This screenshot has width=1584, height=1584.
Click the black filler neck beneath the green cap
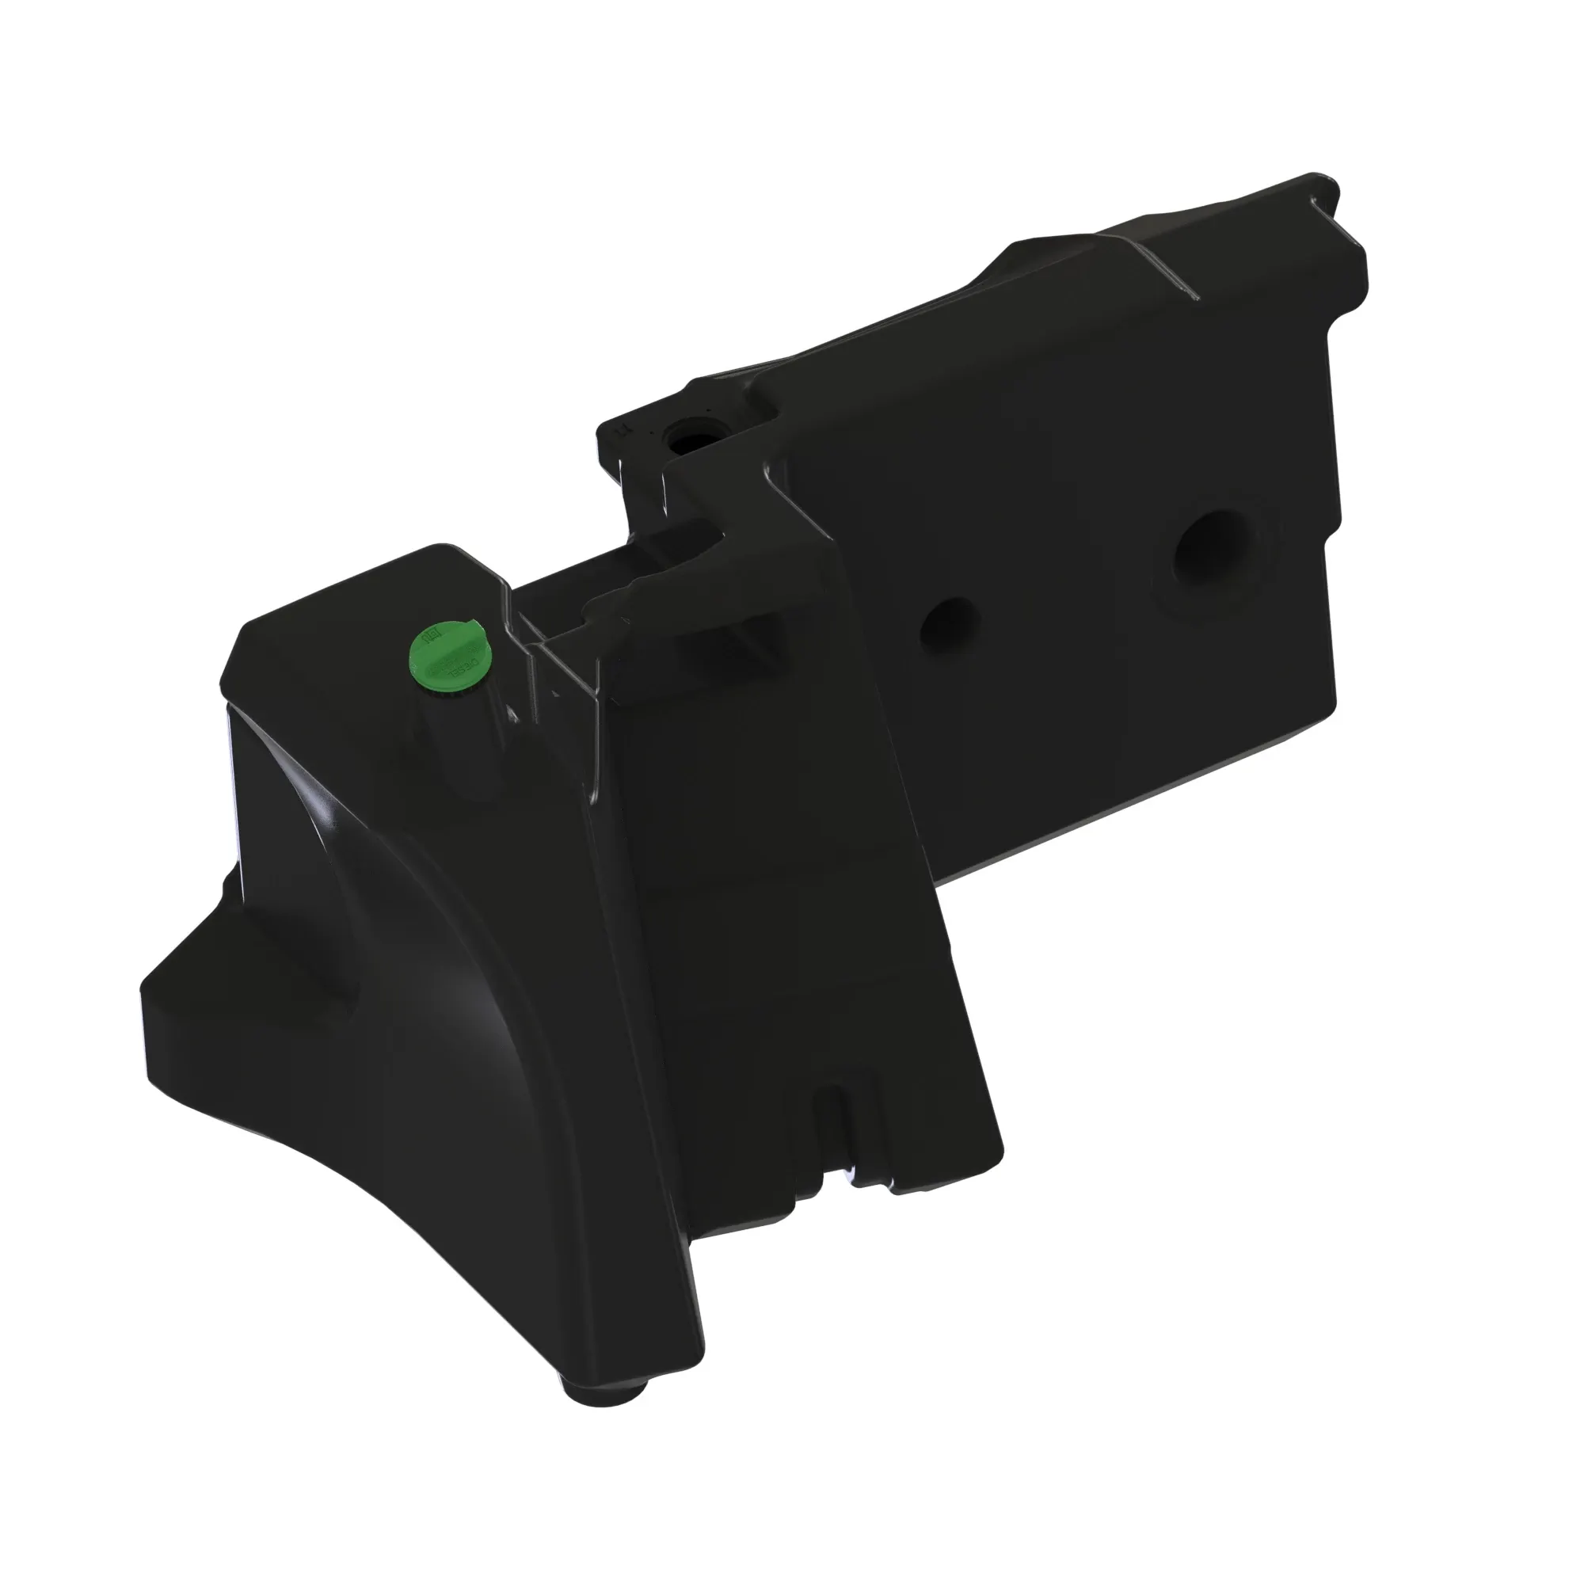point(463,738)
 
